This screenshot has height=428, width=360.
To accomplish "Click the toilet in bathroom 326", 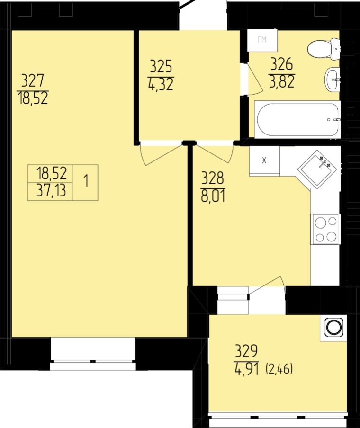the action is tap(324, 49).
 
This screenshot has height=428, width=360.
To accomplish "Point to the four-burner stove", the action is tap(325, 229).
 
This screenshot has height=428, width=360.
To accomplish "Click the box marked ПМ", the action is tap(262, 40).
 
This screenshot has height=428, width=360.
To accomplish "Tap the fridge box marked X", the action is tap(264, 160).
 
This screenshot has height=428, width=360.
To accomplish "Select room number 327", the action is tap(32, 81).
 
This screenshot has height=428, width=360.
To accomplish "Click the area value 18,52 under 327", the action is tap(33, 98).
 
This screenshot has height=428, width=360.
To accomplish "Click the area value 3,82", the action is tap(282, 81).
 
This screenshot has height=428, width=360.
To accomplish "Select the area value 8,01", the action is tap(213, 196).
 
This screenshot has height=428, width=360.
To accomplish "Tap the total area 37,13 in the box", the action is tap(51, 190).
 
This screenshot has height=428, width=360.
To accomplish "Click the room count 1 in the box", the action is tap(86, 181).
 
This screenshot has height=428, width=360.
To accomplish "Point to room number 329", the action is tap(246, 351).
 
